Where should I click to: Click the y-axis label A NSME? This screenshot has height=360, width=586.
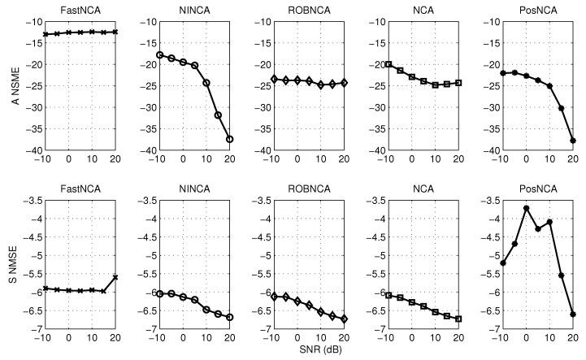pyautogui.click(x=7, y=85)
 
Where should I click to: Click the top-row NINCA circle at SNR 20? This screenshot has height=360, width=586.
pyautogui.click(x=229, y=139)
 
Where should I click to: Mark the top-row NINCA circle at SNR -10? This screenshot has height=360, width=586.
pyautogui.click(x=160, y=55)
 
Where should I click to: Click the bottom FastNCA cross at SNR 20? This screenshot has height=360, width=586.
pyautogui.click(x=115, y=277)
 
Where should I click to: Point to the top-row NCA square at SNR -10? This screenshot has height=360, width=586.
pyautogui.click(x=389, y=64)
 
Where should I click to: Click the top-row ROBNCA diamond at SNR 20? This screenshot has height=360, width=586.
pyautogui.click(x=344, y=83)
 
